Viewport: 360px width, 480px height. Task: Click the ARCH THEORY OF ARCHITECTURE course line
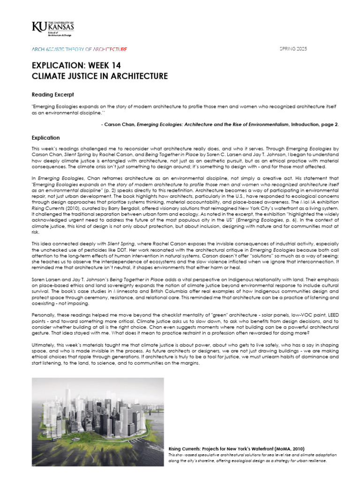click(x=79, y=49)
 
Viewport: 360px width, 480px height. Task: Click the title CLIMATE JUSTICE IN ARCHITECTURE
click(x=99, y=76)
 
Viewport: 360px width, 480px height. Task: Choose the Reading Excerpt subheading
click(x=52, y=95)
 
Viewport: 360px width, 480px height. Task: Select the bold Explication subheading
click(x=45, y=138)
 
